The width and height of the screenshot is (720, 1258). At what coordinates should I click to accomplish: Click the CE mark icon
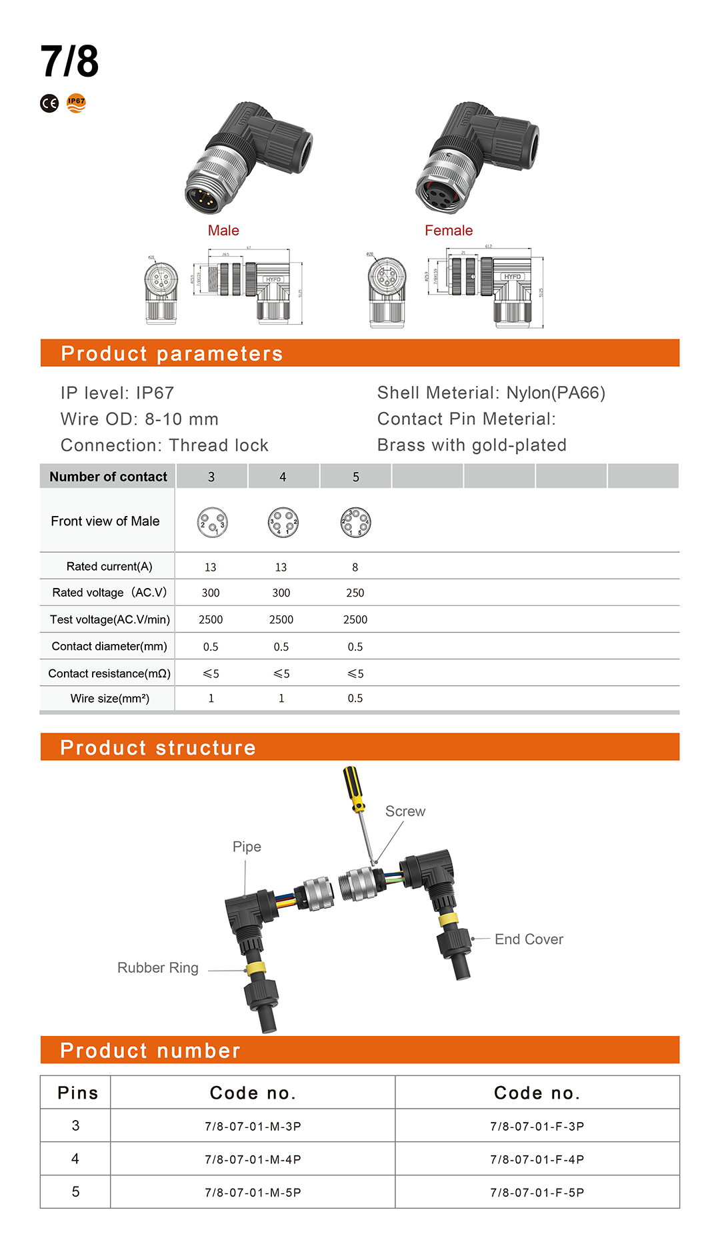coord(49,103)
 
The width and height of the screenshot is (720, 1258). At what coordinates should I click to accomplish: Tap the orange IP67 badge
coord(77,103)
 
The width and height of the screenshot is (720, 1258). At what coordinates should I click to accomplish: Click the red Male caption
coord(223,231)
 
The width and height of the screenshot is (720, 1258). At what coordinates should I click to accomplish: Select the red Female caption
coord(449,231)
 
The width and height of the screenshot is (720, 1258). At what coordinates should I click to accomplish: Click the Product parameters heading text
coord(172,353)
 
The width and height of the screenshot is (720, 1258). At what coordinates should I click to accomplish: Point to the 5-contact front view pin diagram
coord(355,523)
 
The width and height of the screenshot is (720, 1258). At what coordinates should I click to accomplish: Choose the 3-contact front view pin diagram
coord(212,523)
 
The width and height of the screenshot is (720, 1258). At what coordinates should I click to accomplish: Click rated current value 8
coord(355,567)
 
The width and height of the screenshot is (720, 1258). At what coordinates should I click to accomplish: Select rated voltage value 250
coord(355,593)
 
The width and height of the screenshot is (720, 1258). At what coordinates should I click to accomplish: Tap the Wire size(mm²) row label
coord(110,699)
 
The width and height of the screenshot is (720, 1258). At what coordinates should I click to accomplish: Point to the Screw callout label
coord(405,811)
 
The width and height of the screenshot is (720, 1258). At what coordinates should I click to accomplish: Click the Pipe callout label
coord(247,847)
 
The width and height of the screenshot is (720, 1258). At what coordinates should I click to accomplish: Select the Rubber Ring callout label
coord(158,968)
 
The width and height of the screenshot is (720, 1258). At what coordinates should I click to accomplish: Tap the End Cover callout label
coord(529,939)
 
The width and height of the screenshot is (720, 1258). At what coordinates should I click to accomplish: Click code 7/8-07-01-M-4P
coord(253,1159)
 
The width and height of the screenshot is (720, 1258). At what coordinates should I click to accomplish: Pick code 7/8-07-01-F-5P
coord(537,1193)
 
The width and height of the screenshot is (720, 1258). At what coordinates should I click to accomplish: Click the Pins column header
coord(77,1093)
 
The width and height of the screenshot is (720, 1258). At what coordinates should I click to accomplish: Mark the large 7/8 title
coord(69,61)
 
